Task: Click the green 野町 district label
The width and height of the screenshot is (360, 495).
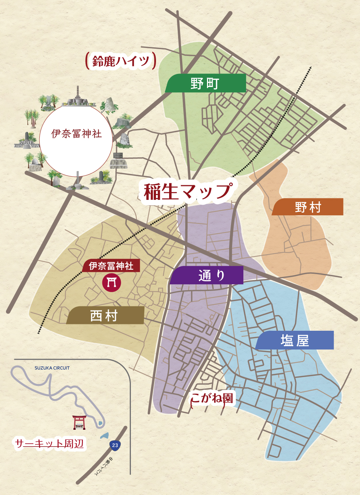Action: click(205, 83)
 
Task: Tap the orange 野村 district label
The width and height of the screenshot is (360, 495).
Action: click(307, 207)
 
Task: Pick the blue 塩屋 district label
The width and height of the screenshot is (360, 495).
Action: click(295, 340)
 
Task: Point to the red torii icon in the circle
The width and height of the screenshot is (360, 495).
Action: click(112, 282)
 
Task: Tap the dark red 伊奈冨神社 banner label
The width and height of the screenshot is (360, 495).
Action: click(111, 266)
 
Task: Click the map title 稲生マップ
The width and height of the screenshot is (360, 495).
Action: click(187, 191)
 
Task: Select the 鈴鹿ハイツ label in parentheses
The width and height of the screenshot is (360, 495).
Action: click(121, 61)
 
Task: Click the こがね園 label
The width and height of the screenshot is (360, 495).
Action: click(211, 398)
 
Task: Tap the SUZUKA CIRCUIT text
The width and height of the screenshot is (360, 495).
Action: click(52, 368)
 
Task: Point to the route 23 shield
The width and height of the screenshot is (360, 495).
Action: click(115, 445)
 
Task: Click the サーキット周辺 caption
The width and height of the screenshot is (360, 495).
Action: click(49, 444)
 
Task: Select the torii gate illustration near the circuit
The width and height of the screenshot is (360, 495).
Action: click(79, 422)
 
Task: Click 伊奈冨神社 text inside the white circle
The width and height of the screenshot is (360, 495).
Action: click(76, 133)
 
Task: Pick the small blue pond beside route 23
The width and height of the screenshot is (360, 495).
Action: click(104, 436)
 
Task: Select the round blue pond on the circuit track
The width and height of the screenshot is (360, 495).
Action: click(100, 423)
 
